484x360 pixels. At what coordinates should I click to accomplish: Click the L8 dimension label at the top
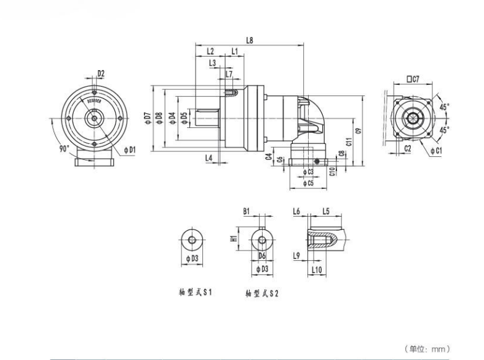pyautogui.click(x=249, y=41)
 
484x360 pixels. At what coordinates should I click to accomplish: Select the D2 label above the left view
pyautogui.click(x=101, y=74)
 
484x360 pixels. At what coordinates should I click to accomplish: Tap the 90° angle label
pyautogui.click(x=63, y=149)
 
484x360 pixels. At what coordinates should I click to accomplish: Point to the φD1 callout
pyautogui.click(x=129, y=149)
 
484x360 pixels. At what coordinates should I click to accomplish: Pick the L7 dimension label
pyautogui.click(x=229, y=74)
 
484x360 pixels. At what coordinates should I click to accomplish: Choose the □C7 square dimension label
pyautogui.click(x=413, y=79)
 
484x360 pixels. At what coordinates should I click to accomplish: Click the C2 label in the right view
pyautogui.click(x=408, y=149)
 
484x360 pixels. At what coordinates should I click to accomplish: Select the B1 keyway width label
pyautogui.click(x=246, y=211)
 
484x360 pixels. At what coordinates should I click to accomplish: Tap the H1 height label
pyautogui.click(x=234, y=238)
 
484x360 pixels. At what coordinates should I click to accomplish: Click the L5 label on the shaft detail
pyautogui.click(x=326, y=211)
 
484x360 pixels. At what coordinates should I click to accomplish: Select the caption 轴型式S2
pyautogui.click(x=262, y=294)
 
